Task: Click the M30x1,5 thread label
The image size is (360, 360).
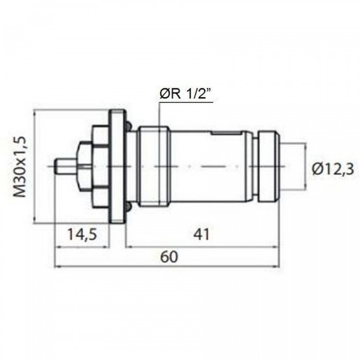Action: point(19,167)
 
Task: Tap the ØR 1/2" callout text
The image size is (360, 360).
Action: point(186,94)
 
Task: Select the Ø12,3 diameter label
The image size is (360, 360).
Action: point(333,169)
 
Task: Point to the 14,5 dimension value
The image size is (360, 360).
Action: point(82,235)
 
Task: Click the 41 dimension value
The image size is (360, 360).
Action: point(202,235)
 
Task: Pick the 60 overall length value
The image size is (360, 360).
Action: point(169,257)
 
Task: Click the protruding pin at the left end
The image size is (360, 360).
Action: point(66,166)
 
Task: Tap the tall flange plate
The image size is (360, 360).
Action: point(118,167)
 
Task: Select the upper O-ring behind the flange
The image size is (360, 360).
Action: point(129,125)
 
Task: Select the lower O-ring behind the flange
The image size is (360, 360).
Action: point(129,207)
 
